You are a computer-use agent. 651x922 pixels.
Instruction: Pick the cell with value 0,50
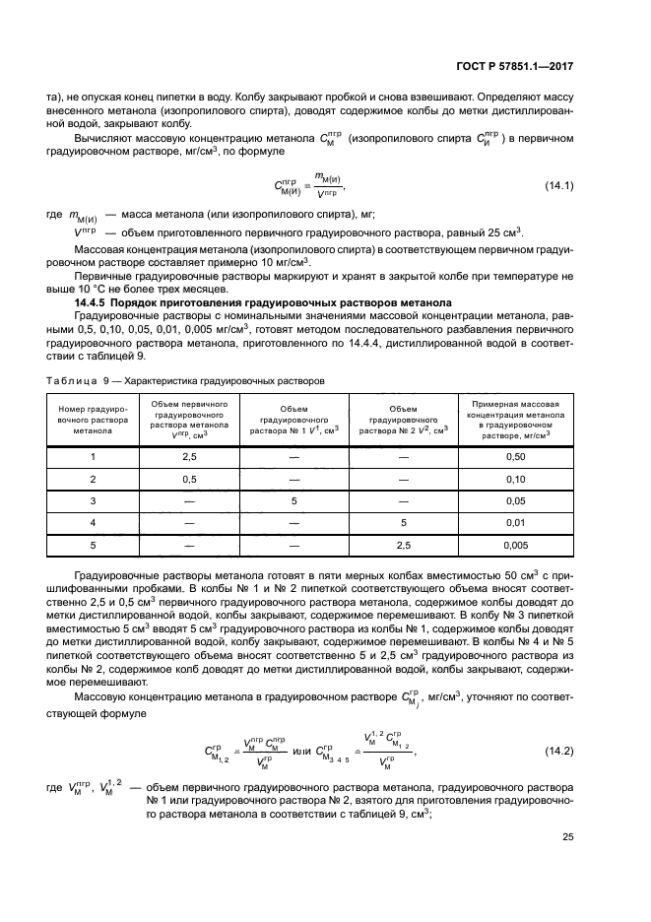tap(516, 457)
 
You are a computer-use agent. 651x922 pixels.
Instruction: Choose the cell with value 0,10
tap(516, 479)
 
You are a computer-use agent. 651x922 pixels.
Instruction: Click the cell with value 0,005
tap(516, 544)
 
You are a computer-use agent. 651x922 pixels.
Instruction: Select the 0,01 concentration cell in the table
tap(516, 522)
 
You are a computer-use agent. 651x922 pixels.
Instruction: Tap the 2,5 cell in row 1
tap(189, 457)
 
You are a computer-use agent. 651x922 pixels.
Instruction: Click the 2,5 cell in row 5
tap(403, 544)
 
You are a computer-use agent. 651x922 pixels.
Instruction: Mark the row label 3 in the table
tap(93, 500)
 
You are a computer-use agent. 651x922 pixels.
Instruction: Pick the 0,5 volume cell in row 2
tap(189, 479)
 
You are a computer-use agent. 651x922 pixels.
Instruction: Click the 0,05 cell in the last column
tap(516, 500)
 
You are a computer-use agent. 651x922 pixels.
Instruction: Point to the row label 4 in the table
tap(93, 522)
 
